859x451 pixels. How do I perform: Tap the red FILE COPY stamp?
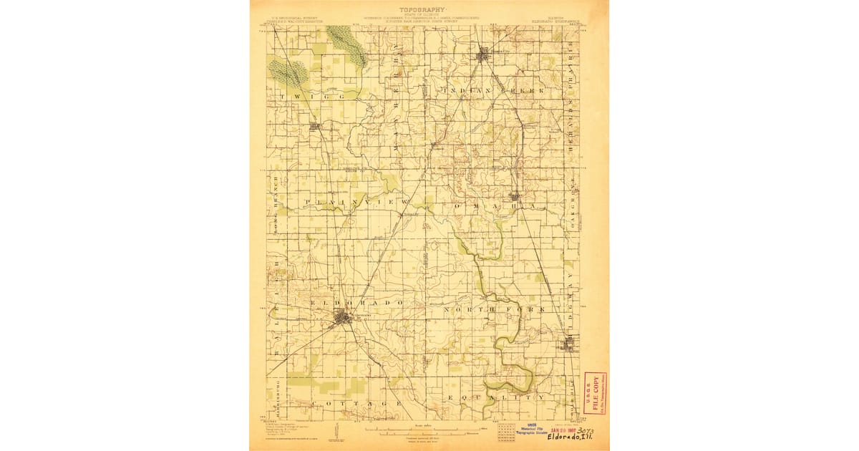(593, 393)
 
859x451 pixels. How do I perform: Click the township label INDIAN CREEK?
(494, 91)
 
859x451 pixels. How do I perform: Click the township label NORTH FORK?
(494, 309)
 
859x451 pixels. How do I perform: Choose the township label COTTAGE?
(364, 404)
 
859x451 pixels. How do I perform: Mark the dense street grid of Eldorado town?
(345, 318)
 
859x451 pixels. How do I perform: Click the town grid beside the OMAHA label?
(515, 196)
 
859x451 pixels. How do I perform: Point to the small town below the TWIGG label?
(314, 127)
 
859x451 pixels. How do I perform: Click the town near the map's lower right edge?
(569, 346)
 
